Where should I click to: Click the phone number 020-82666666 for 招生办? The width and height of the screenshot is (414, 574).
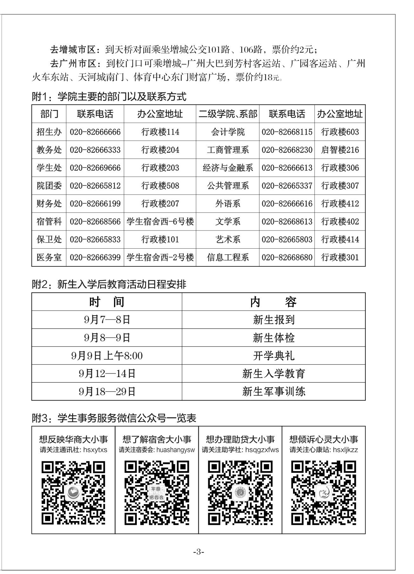[x=95, y=132]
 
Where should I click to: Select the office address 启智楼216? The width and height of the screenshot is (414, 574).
[x=340, y=150]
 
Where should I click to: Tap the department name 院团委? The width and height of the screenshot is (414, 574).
[x=49, y=186]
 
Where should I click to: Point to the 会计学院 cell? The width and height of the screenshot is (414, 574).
[x=228, y=132]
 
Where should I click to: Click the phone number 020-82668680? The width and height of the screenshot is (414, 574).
[x=287, y=257]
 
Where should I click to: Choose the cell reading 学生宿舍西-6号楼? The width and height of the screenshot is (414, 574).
[x=160, y=221]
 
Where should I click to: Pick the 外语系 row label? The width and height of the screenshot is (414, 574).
[x=228, y=204]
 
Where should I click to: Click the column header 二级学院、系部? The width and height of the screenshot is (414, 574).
[x=228, y=114]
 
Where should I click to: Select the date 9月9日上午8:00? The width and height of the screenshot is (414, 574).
[x=107, y=356]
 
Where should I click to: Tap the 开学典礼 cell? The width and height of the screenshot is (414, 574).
[x=273, y=356]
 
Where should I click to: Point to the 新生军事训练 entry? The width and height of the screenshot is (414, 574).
[x=273, y=392]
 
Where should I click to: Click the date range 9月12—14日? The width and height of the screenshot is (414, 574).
[x=107, y=374]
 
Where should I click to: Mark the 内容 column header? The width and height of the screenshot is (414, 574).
[x=273, y=302]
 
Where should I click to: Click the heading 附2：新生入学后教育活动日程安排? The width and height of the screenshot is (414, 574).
[x=109, y=284]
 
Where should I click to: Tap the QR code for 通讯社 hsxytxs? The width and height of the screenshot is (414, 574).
[x=73, y=493]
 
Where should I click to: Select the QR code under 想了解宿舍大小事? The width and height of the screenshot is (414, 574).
[x=157, y=493]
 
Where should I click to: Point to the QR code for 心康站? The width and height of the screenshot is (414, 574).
[x=324, y=493]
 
